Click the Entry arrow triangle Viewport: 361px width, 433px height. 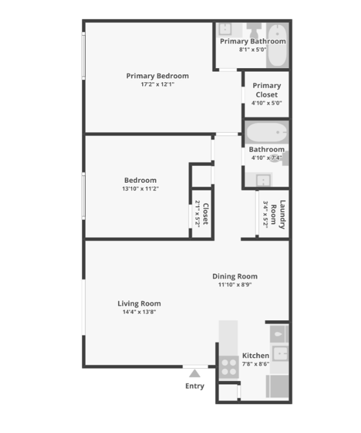pyautogui.click(x=195, y=374)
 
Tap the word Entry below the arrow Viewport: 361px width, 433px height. pyautogui.click(x=195, y=386)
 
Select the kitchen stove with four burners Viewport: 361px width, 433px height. pyautogui.click(x=229, y=367)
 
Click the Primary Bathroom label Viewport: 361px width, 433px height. pyautogui.click(x=253, y=41)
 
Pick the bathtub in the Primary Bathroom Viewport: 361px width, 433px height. pyautogui.click(x=277, y=45)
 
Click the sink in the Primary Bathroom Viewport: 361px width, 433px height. pyautogui.click(x=225, y=29)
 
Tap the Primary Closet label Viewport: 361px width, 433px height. pyautogui.click(x=266, y=90)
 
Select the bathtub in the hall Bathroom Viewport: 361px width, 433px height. pyautogui.click(x=267, y=132)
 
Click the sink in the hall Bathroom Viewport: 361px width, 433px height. pyautogui.click(x=263, y=180)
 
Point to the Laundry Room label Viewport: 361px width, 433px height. pyautogui.click(x=278, y=214)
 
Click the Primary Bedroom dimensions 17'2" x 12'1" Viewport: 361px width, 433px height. pyautogui.click(x=157, y=84)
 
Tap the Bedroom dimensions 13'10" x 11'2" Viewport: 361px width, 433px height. pyautogui.click(x=141, y=188)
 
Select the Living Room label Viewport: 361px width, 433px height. pyautogui.click(x=139, y=304)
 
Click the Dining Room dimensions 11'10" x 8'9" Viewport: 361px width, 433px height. pyautogui.click(x=235, y=284)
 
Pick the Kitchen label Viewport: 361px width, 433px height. pyautogui.click(x=256, y=355)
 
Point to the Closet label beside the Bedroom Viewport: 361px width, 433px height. pyautogui.click(x=206, y=214)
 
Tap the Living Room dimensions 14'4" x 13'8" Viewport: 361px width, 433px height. pyautogui.click(x=139, y=312)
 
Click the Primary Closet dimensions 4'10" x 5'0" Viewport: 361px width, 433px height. pyautogui.click(x=266, y=103)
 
